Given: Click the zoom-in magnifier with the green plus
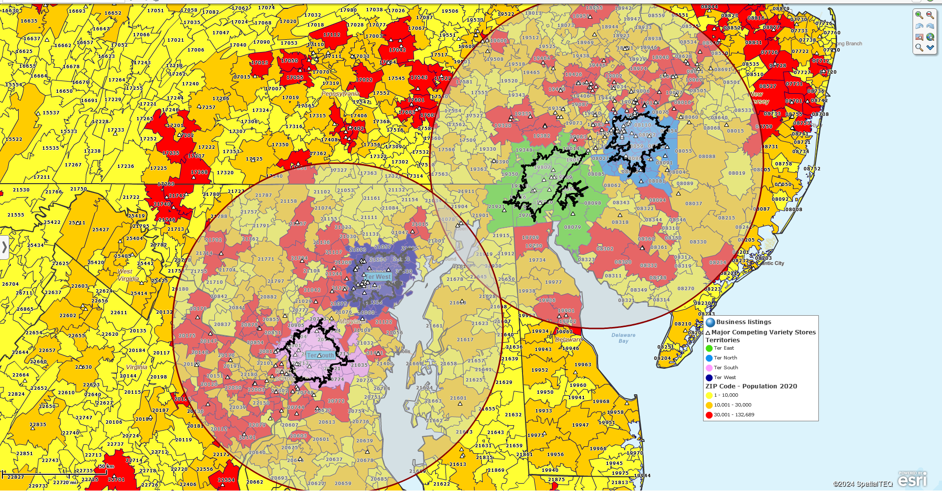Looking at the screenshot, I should pos(919,15).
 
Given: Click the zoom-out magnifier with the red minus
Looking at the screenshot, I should pos(930,15).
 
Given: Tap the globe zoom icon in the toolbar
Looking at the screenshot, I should pos(930,37).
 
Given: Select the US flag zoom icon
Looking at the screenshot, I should pos(919,37).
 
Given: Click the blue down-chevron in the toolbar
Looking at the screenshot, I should pos(930,48).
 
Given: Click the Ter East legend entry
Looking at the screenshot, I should pos(724,348).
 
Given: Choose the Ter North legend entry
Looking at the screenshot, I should pos(725,358).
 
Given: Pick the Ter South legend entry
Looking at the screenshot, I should pos(726,368).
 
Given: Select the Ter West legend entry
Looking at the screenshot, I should pos(725,378).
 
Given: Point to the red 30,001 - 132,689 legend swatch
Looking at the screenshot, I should pos(709,415).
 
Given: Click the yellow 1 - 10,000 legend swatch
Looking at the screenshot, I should pos(709,395).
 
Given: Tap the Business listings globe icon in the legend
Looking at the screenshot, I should pos(710,322).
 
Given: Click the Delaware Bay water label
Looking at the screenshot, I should pos(623,338).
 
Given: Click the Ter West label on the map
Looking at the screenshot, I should pos(378,277).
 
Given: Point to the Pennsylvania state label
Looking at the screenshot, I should pos(340,94).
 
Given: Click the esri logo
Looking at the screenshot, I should pos(913,480).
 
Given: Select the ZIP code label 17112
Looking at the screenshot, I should pos(332,35).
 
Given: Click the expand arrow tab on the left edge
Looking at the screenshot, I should pos(4,247).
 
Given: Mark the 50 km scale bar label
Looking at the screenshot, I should pos(106,466).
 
